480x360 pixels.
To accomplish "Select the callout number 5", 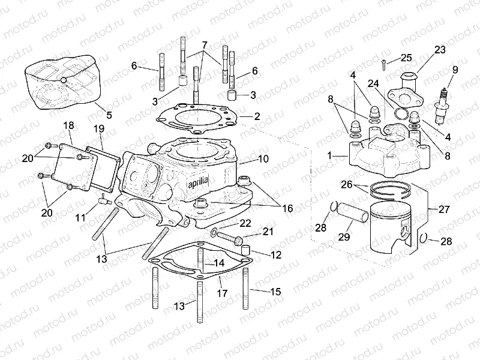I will click(108, 115).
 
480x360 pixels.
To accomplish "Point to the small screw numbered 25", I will click(382, 62).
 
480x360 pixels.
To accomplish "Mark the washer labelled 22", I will click(215, 232).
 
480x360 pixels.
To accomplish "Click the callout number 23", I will click(440, 50).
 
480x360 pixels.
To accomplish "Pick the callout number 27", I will click(444, 209).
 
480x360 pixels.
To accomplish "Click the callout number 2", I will click(257, 116).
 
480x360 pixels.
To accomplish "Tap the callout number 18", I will click(68, 125).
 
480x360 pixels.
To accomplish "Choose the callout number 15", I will click(275, 292).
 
